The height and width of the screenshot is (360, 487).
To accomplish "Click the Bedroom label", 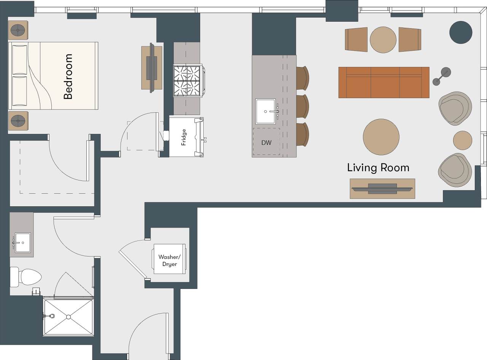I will tap(68, 76).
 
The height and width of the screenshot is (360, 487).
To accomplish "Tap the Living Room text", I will tap(378, 167).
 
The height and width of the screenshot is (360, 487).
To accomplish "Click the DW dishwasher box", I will tap(266, 142).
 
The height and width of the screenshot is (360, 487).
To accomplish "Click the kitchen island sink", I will tap(266, 111).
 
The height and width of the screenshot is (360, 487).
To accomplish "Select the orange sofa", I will tap(384, 83).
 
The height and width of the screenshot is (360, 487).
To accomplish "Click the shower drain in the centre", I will tap(68, 317).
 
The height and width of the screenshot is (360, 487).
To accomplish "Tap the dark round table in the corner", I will tap(461, 32).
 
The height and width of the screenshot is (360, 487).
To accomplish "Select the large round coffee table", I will tap(381, 137).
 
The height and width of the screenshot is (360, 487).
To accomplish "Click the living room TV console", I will tap(382, 188).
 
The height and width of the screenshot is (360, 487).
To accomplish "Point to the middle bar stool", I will tap(302, 107).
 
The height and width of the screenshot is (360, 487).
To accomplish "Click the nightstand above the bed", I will tap(18, 30).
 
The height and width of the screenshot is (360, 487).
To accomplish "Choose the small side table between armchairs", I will tap(463, 140).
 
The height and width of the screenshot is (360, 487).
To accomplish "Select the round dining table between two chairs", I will tap(383, 40).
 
